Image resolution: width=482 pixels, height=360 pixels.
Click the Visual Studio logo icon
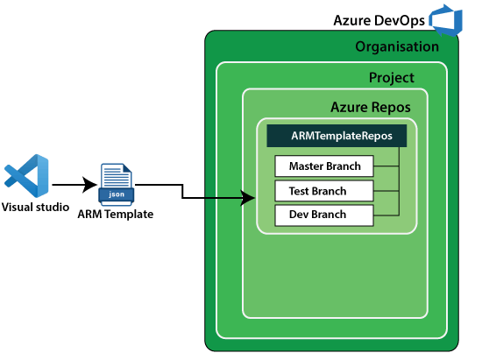click(x=26, y=176)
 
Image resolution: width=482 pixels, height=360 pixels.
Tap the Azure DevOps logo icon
click(x=446, y=20)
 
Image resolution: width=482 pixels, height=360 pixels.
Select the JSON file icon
click(x=117, y=185)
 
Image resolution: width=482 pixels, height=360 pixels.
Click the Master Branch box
click(x=324, y=166)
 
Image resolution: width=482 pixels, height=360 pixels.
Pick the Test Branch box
click(x=324, y=191)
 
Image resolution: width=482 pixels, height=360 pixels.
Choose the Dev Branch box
click(x=324, y=215)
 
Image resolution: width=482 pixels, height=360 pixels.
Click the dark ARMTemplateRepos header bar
click(x=337, y=136)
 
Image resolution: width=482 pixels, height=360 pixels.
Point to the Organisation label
click(x=397, y=47)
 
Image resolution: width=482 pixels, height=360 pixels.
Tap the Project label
click(x=392, y=77)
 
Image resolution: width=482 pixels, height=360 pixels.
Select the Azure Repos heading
click(x=371, y=107)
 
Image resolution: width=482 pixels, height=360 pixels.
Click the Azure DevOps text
click(x=379, y=20)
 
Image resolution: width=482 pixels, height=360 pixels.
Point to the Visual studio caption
click(x=35, y=207)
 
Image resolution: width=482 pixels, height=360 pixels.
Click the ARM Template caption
click(x=116, y=214)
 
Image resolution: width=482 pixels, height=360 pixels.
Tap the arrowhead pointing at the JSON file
click(x=89, y=185)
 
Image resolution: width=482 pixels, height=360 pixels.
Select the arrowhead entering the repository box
click(x=248, y=198)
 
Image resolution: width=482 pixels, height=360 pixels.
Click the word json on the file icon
click(x=117, y=194)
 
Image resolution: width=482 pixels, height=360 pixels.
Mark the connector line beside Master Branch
click(x=386, y=166)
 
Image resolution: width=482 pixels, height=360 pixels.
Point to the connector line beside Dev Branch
click(x=386, y=215)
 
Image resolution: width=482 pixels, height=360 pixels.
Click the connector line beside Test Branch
click(x=386, y=191)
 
